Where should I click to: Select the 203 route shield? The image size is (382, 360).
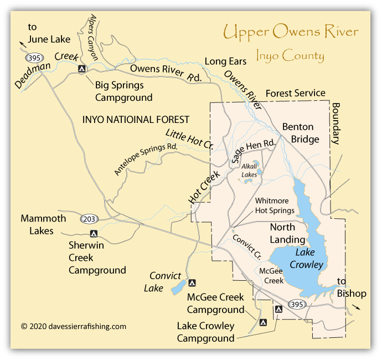(89, 219)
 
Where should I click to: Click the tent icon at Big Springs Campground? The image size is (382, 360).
(81, 69)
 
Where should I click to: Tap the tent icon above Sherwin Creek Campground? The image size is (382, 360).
(94, 234)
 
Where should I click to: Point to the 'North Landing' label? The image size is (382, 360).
(287, 233)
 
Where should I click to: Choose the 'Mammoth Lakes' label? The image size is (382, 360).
(43, 224)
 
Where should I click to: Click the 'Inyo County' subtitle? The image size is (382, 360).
(290, 55)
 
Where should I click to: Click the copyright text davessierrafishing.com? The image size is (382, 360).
(74, 326)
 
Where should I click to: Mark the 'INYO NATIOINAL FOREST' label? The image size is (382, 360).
(135, 119)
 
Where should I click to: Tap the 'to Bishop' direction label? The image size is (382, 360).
(349, 287)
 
